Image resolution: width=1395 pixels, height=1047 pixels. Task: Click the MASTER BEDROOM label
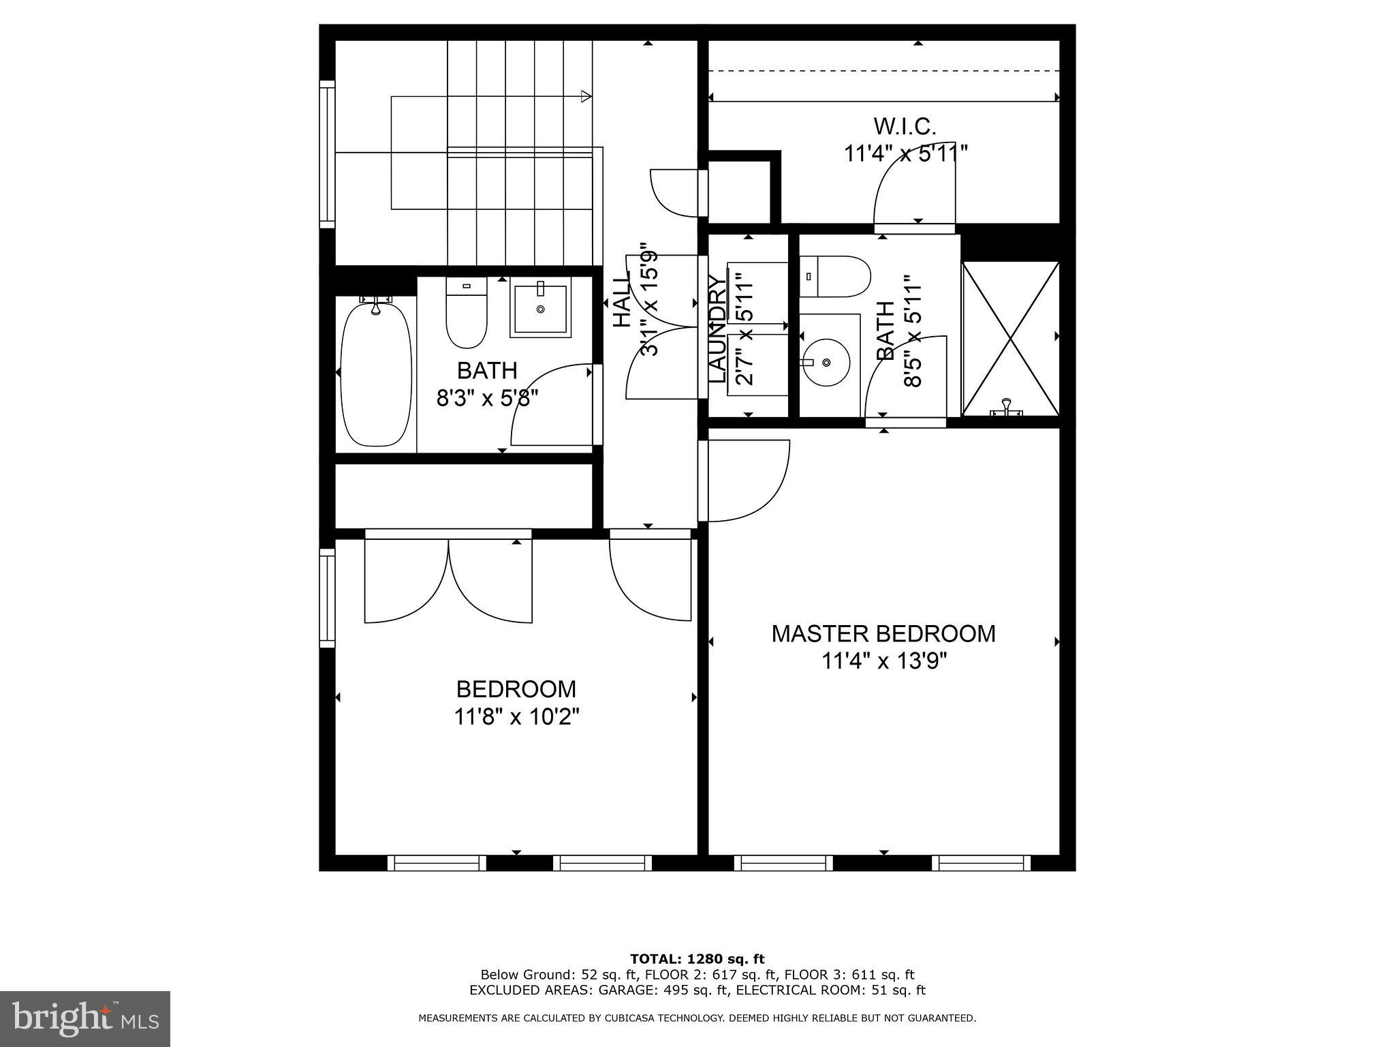click(883, 634)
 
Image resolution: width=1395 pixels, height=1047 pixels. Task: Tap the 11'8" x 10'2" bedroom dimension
click(516, 717)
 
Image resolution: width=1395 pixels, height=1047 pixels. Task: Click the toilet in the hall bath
click(467, 314)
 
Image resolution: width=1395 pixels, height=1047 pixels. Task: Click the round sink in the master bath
click(825, 362)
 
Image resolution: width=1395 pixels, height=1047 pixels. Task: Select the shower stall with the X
click(1010, 339)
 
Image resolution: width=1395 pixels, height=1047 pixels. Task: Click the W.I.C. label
click(905, 126)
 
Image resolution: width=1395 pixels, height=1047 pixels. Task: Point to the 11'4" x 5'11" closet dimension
click(906, 153)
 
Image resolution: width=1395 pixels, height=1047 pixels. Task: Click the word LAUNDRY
click(717, 329)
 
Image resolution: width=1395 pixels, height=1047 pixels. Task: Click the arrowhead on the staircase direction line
click(586, 97)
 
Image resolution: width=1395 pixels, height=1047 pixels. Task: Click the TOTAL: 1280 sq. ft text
click(697, 959)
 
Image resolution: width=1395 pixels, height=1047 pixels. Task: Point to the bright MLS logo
click(85, 1018)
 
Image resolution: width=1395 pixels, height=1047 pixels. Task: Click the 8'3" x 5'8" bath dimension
click(487, 398)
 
